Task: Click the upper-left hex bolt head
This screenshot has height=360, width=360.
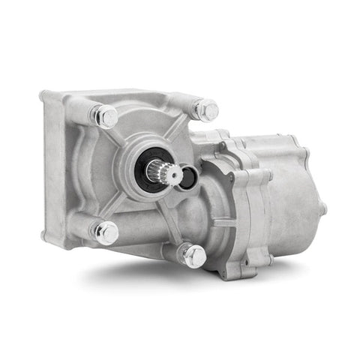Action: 106,117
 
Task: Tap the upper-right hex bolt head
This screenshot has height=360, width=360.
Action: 206,110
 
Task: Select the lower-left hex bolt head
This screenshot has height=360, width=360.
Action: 106,232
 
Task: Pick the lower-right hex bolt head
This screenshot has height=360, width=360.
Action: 193,256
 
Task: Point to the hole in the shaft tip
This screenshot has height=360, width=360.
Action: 171,175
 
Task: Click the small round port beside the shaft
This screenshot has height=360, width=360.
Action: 190,177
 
